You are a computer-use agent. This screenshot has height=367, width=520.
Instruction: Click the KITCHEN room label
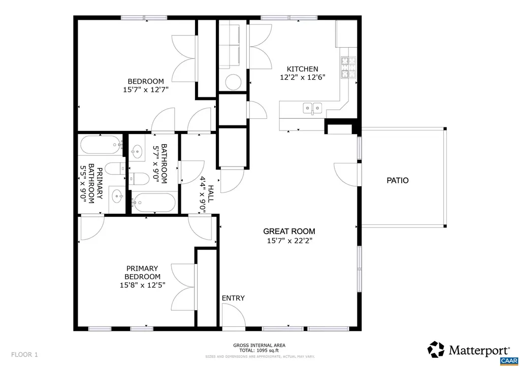302,69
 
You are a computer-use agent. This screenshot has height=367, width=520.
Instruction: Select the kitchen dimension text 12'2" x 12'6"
302,78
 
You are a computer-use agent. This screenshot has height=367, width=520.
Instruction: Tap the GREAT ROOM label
289,231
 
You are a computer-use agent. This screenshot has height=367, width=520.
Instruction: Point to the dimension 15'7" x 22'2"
289,241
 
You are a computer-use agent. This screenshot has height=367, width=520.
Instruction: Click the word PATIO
397,180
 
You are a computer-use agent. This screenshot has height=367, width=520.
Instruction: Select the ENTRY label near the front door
233,298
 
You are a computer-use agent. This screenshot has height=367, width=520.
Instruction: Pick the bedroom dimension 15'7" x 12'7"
145,90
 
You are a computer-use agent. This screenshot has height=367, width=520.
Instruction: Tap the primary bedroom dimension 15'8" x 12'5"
142,285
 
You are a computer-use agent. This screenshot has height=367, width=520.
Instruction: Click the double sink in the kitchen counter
312,108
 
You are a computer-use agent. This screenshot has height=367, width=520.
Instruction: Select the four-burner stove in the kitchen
348,68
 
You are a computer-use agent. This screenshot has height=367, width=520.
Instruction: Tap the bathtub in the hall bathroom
153,203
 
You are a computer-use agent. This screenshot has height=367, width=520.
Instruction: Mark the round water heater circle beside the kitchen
234,82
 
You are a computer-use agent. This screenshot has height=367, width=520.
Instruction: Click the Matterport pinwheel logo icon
436,349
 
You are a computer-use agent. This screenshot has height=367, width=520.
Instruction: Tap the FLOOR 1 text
24,354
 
